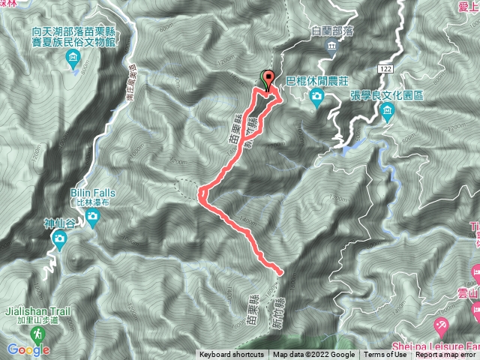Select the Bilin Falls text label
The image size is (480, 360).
click(95, 193)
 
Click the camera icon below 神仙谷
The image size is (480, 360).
click(60, 240)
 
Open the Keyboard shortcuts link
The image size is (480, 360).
click(232, 355)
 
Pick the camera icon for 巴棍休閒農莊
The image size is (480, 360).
click(316, 95)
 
